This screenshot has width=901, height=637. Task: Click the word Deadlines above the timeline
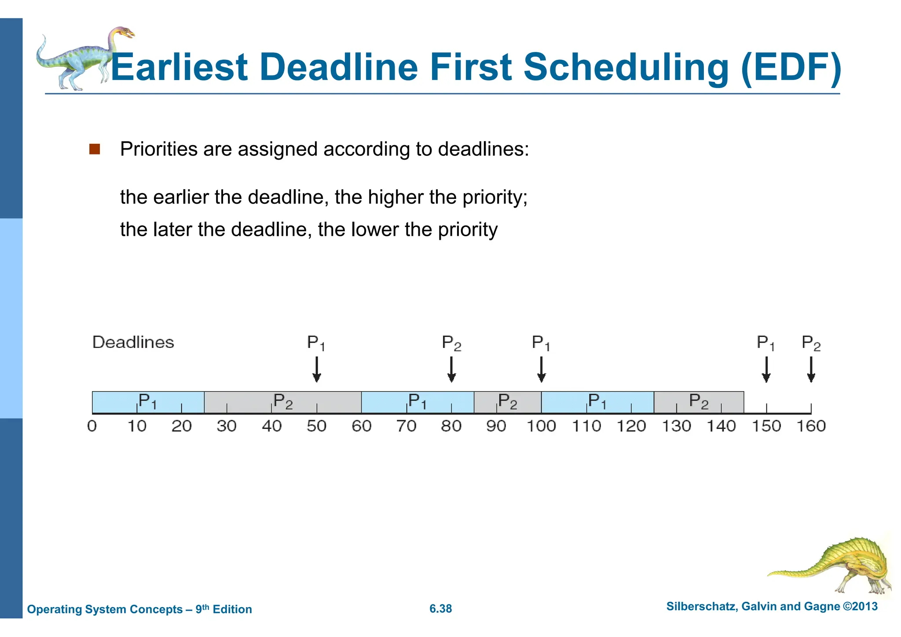(133, 342)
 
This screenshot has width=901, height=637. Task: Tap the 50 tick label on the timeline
(316, 426)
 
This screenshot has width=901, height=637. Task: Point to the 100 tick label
(541, 426)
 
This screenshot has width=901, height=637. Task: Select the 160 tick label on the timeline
(811, 426)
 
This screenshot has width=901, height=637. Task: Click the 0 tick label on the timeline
(92, 426)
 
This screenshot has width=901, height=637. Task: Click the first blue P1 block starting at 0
(148, 402)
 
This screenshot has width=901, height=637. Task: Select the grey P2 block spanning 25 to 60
(282, 402)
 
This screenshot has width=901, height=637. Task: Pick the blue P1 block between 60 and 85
(417, 402)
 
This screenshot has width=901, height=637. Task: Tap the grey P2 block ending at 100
(507, 402)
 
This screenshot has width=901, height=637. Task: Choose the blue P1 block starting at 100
(597, 402)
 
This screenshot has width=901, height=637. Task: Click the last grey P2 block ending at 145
(699, 402)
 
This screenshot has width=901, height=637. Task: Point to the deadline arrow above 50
(316, 370)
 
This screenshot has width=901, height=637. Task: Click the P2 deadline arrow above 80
(451, 370)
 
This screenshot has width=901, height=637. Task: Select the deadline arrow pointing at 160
(811, 370)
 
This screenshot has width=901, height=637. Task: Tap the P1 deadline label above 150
(765, 343)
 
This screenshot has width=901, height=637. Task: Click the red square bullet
(95, 149)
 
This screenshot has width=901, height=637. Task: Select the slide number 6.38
(440, 608)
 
